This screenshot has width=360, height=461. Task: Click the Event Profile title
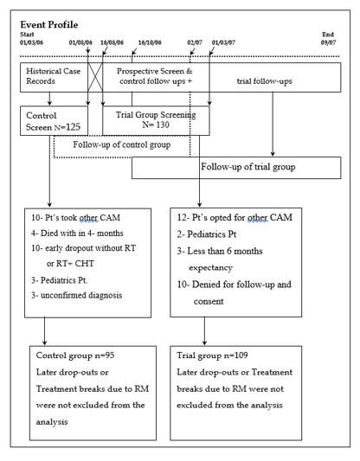[49, 24]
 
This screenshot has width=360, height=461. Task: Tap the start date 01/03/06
[31, 42]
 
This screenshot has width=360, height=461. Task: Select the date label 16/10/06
[150, 42]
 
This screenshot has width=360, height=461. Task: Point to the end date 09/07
[328, 42]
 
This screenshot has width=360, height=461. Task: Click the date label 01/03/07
[223, 42]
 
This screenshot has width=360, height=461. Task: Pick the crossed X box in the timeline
[95, 77]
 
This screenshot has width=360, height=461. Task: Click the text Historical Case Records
[54, 76]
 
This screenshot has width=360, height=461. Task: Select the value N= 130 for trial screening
[156, 125]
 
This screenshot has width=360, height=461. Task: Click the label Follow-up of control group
[122, 144]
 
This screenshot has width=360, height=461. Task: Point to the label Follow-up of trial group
[248, 167]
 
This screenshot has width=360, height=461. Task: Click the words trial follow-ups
[265, 81]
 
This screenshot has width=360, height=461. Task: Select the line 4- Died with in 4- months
[77, 234]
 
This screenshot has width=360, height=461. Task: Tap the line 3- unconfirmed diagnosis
[77, 295]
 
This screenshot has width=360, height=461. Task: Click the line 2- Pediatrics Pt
[207, 234]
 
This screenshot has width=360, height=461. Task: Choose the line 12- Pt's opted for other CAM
[235, 217]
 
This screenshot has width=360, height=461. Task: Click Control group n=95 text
[75, 355]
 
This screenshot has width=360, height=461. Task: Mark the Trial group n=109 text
[212, 355]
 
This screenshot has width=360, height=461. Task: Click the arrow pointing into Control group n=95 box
[44, 331]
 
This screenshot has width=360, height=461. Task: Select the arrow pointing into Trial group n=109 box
[205, 330]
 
